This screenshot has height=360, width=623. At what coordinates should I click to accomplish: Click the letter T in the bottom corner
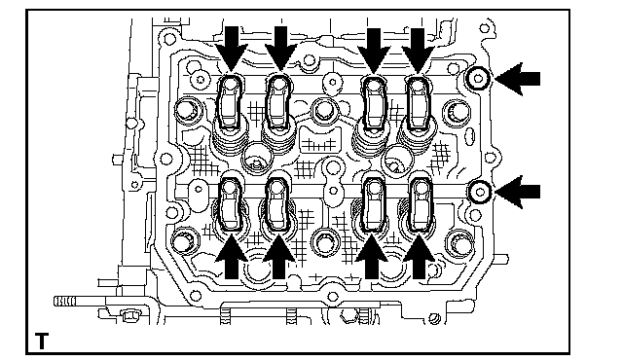click(41, 341)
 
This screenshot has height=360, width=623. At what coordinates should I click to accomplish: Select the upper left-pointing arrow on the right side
click(517, 79)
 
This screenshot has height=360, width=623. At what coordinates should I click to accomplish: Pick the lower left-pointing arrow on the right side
click(517, 192)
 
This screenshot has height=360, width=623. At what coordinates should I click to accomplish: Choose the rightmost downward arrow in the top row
click(418, 51)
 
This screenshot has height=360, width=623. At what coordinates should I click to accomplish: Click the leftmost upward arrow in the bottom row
click(232, 257)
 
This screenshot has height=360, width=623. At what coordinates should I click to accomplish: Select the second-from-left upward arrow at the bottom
click(279, 257)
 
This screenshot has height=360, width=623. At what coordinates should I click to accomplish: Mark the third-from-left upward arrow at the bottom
click(372, 257)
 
